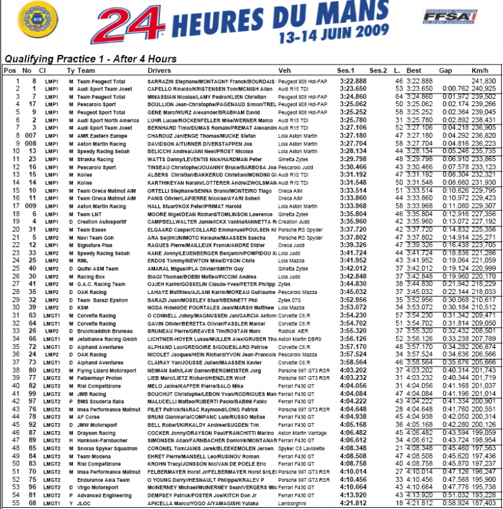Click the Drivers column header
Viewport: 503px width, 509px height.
[159, 71]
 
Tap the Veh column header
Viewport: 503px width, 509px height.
[285, 71]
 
